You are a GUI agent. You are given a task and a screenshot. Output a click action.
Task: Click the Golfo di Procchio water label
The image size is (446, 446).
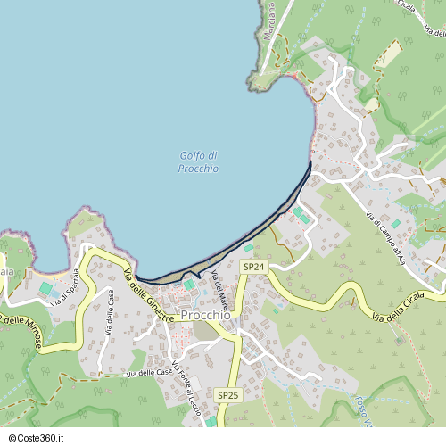pyautogui.click(x=198, y=161)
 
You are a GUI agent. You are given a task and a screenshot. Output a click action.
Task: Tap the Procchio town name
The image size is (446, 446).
pyautogui.click(x=205, y=315)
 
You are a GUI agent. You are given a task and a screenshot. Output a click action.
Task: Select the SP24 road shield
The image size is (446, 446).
pyautogui.click(x=253, y=267)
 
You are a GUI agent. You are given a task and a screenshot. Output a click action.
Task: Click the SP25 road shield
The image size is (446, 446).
pyautogui.click(x=227, y=394)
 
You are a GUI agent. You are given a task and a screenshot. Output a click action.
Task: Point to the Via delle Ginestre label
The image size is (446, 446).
pyautogui.click(x=149, y=295)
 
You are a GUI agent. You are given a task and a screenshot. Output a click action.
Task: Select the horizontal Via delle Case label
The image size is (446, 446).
pyautogui.click(x=150, y=372)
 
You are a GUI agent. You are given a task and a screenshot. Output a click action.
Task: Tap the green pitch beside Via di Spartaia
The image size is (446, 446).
pyautogui.click(x=45, y=288)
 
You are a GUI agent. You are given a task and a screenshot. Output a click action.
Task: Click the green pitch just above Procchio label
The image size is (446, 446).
pyautogui.click(x=189, y=285)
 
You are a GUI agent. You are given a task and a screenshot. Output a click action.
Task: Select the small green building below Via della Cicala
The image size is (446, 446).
pyautogui.click(x=400, y=340)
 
